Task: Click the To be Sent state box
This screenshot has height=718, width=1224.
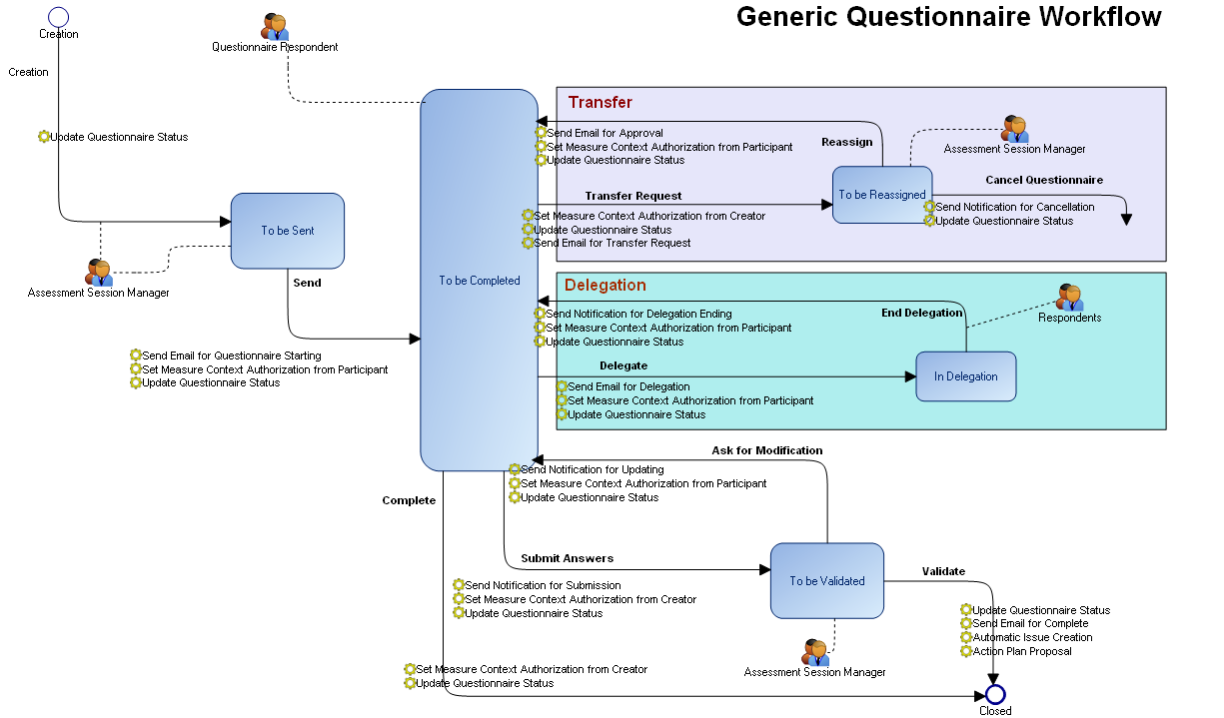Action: click(x=288, y=231)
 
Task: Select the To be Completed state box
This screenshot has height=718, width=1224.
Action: click(x=479, y=281)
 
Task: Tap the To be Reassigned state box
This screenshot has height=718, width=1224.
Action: click(x=881, y=195)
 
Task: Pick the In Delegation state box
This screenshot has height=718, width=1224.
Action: click(x=965, y=376)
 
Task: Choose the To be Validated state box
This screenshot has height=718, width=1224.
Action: click(x=826, y=580)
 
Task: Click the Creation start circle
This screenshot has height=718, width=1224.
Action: click(x=58, y=16)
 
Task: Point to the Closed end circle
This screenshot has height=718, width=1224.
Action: click(x=994, y=694)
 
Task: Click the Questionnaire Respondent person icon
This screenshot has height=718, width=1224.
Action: click(x=275, y=27)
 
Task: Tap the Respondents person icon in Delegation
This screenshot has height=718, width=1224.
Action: click(x=1069, y=298)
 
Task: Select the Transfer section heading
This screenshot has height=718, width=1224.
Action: click(x=600, y=102)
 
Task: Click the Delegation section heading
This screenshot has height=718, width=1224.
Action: click(x=605, y=286)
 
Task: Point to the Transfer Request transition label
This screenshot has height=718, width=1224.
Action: click(x=633, y=196)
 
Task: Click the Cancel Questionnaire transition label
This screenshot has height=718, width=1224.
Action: click(x=1044, y=180)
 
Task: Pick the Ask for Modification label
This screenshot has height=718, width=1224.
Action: click(x=766, y=450)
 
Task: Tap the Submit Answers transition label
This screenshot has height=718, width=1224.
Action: click(x=567, y=558)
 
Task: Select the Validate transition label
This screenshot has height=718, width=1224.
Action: click(x=943, y=571)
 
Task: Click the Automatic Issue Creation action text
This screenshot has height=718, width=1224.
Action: click(x=1032, y=637)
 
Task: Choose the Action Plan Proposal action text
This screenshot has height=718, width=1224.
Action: click(x=1021, y=651)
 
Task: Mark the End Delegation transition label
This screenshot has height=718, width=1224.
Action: click(x=921, y=313)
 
